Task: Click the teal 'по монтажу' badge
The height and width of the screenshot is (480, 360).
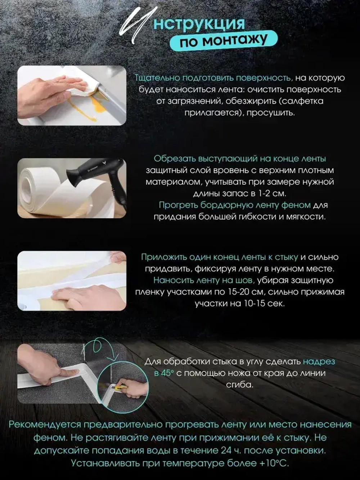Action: pyautogui.click(x=224, y=40)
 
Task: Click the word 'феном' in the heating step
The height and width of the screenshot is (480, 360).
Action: pyautogui.click(x=297, y=205)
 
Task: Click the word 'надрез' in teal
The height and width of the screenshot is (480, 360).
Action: pyautogui.click(x=319, y=362)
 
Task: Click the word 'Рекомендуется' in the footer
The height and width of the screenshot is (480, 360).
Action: pyautogui.click(x=45, y=425)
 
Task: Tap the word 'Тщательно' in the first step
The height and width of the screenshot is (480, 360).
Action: pyautogui.click(x=157, y=78)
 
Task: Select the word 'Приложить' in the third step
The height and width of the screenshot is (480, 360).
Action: pyautogui.click(x=164, y=257)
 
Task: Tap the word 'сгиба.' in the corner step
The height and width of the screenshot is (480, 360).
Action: pyautogui.click(x=239, y=385)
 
